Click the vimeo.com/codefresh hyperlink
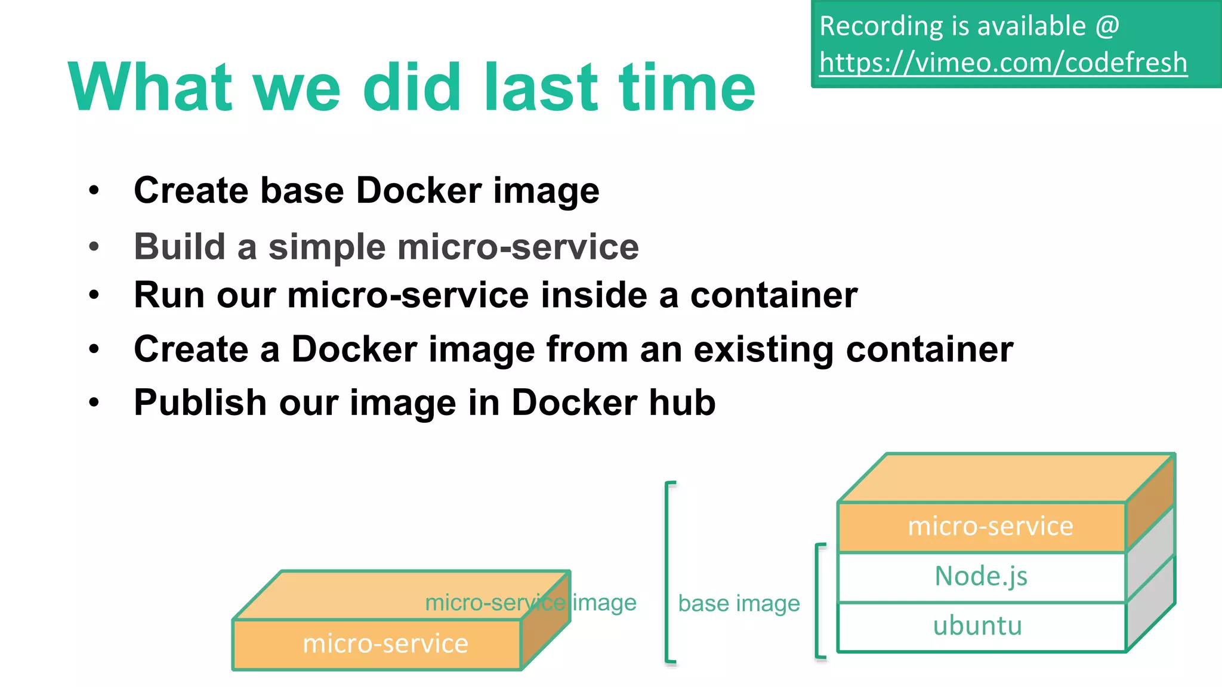point(1002,63)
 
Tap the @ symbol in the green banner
point(1107,26)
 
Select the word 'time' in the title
point(687,88)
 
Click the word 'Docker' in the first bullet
point(418,191)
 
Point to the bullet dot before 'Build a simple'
point(94,246)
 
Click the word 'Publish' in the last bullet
point(200,404)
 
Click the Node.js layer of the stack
point(981,577)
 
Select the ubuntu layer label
point(977,626)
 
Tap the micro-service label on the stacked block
point(990,527)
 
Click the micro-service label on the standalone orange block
point(385,644)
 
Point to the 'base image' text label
point(739,604)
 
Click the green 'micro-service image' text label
point(530,603)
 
